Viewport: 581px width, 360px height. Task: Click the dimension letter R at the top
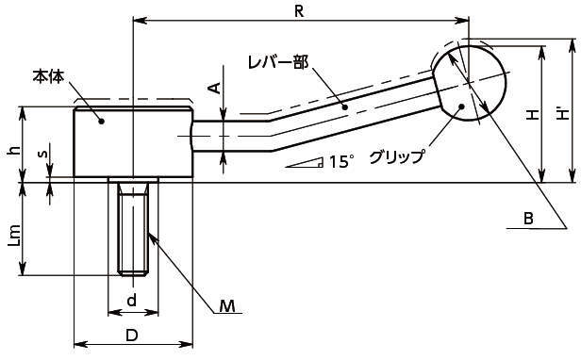click(299, 11)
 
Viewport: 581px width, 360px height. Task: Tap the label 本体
click(48, 76)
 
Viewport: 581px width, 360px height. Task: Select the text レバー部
click(278, 63)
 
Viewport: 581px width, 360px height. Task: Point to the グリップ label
click(396, 157)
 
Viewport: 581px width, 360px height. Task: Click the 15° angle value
click(341, 162)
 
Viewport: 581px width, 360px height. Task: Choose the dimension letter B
click(528, 219)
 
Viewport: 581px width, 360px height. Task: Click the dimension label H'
click(563, 114)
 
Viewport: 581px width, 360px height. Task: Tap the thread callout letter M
click(227, 306)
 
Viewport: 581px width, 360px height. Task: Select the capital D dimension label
click(131, 335)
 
